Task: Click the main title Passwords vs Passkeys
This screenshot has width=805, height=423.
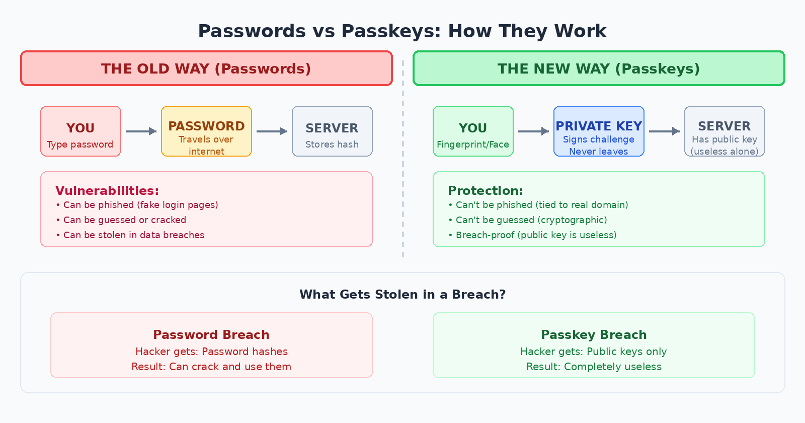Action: point(402,31)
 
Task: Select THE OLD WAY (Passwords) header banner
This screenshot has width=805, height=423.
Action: point(206,68)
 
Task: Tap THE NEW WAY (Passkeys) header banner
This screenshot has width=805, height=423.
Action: point(599,68)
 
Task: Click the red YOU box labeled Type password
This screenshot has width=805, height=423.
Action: point(80,131)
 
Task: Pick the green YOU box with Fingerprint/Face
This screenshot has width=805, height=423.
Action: point(473,131)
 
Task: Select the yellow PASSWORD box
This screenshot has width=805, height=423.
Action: point(206,131)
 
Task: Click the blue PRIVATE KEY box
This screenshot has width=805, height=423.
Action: point(599,131)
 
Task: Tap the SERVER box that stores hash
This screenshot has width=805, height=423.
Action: point(332,131)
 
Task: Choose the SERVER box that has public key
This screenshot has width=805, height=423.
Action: point(725,131)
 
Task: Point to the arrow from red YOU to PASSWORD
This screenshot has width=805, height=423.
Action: point(141,131)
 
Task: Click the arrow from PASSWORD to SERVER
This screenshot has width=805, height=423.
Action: point(272,131)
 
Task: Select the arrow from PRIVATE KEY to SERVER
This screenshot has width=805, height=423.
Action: point(664,131)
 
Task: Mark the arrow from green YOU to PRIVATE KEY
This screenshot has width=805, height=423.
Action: point(533,131)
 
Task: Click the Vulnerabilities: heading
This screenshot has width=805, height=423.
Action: point(107,191)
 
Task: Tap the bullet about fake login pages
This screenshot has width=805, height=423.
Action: point(137,205)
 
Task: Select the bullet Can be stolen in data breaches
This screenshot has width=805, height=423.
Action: point(131,235)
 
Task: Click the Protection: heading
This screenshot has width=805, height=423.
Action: point(486,191)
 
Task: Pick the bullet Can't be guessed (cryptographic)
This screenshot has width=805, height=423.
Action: point(528,220)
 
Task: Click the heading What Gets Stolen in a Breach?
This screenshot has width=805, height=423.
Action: point(403,295)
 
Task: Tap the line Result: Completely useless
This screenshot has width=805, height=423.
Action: point(594,367)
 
